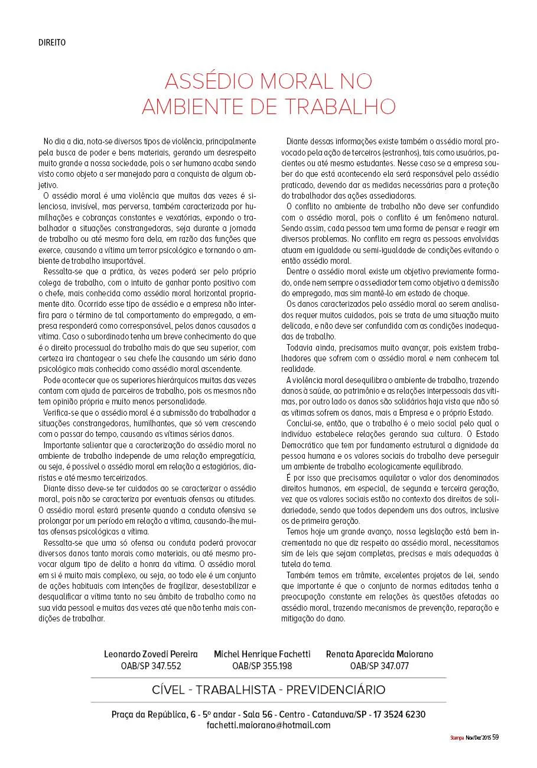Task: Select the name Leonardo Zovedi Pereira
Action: [x=151, y=654]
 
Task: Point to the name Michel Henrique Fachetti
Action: [x=262, y=654]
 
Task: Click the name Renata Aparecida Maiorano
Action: [x=379, y=654]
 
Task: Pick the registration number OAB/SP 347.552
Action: [x=151, y=666]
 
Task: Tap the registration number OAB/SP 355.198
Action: [x=262, y=666]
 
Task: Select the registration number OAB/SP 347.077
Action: [x=379, y=666]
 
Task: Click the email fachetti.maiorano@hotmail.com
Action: [x=268, y=725]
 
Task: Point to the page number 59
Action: [x=496, y=737]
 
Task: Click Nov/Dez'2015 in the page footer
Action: [x=479, y=738]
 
